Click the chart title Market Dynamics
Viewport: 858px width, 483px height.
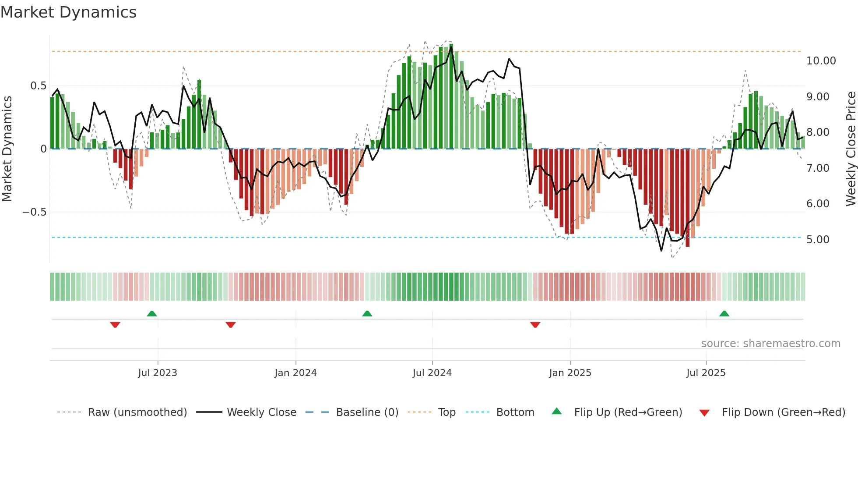(68, 12)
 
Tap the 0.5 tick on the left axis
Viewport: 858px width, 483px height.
(38, 86)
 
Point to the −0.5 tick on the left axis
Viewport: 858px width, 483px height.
(34, 212)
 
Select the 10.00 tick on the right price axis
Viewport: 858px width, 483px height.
(821, 61)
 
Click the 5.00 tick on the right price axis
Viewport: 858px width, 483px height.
(817, 240)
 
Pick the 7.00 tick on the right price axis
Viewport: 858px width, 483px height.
(817, 168)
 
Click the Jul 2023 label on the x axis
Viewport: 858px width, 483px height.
(158, 373)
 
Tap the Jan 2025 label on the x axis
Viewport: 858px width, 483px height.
(570, 373)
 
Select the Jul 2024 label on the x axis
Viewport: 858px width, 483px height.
(432, 373)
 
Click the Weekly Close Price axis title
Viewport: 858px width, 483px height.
(851, 149)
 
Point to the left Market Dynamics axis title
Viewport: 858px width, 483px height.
(7, 149)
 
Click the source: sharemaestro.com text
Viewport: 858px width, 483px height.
(770, 344)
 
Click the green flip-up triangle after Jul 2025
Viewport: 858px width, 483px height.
(724, 313)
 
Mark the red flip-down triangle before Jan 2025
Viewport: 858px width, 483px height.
(535, 325)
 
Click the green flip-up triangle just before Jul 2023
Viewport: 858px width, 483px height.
(151, 313)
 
